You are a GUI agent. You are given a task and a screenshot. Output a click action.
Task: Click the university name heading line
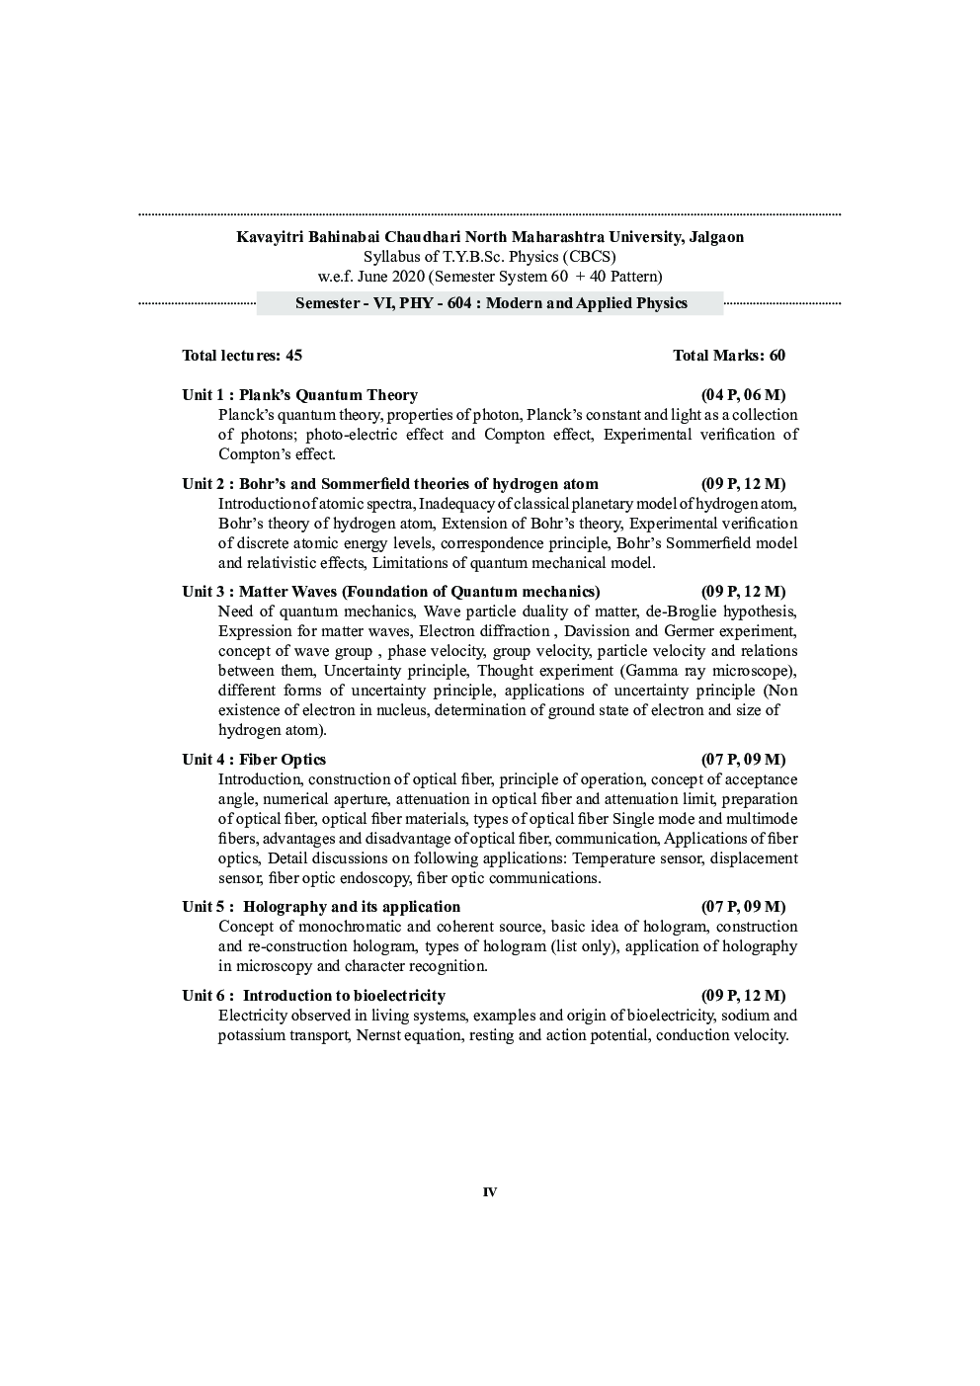(x=490, y=237)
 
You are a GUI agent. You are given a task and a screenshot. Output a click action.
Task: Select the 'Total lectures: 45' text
(x=242, y=356)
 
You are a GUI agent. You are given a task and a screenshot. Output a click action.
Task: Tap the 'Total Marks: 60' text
(x=728, y=356)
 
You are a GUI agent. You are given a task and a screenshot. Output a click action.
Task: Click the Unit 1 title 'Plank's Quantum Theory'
(x=328, y=395)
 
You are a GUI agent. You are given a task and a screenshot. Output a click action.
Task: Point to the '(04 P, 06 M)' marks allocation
(x=743, y=395)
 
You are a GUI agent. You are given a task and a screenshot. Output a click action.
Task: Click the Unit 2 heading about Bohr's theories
(x=390, y=484)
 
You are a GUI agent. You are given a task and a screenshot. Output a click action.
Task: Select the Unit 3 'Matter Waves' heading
(x=391, y=592)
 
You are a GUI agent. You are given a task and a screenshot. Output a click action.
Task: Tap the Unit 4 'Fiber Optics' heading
(x=254, y=760)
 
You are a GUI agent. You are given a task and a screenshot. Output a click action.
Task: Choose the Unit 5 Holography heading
(x=321, y=907)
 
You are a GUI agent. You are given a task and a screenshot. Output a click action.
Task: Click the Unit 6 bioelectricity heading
(x=314, y=996)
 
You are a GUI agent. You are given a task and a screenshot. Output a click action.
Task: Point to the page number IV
(x=490, y=1192)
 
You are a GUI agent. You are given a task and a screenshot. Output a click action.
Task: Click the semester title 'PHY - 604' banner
(x=490, y=303)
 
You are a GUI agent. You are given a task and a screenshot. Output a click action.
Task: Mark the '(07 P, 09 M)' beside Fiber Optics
(x=743, y=760)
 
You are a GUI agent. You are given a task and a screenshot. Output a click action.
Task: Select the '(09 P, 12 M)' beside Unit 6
(x=743, y=996)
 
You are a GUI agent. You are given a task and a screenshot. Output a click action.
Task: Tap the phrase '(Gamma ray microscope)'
(x=708, y=671)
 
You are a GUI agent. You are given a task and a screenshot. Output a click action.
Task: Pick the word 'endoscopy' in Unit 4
(x=379, y=878)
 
